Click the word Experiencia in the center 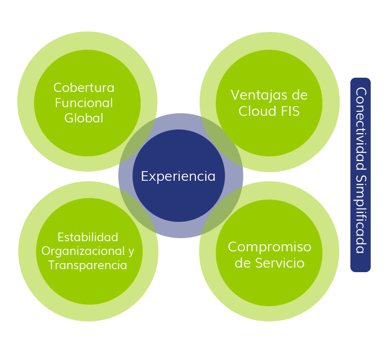[x=178, y=176]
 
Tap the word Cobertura [x=84, y=87]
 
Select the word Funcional [x=84, y=103]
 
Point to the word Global [x=84, y=118]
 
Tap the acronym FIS [x=290, y=111]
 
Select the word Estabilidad [x=88, y=237]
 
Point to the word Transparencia [x=88, y=265]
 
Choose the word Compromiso [x=269, y=247]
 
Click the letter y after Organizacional [x=131, y=252]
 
